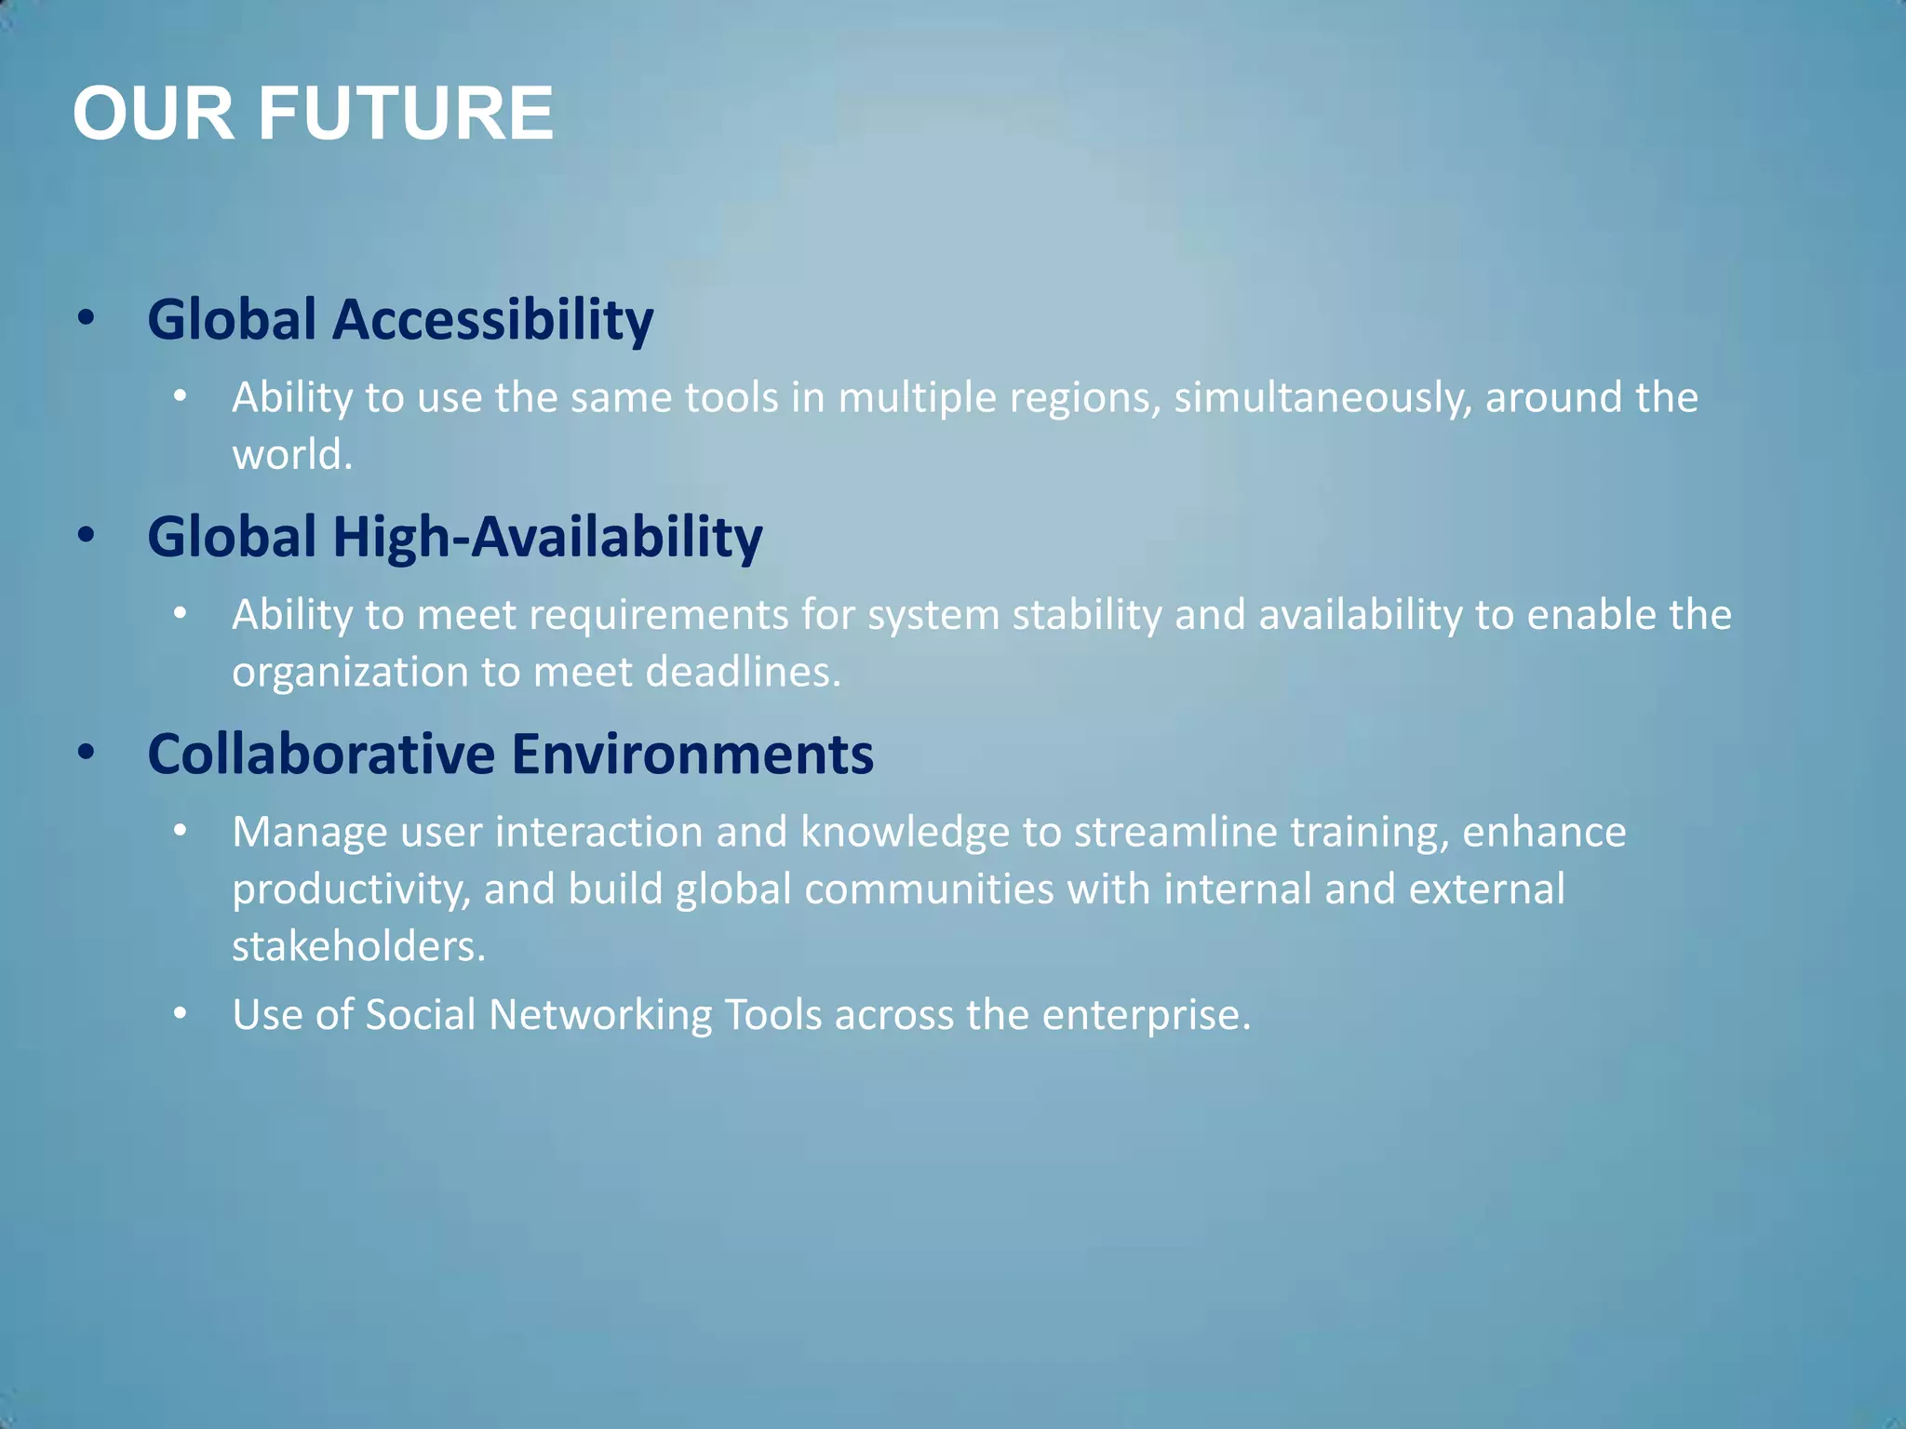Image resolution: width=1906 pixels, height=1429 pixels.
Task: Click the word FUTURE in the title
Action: tap(405, 114)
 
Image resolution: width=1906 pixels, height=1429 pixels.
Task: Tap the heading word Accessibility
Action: tap(493, 320)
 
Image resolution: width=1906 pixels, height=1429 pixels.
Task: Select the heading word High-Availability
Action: tap(548, 538)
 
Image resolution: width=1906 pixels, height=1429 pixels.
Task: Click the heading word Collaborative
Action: tap(321, 754)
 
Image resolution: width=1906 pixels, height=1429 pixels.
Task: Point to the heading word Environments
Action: tap(692, 754)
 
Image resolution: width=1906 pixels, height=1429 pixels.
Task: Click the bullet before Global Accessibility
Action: tap(87, 319)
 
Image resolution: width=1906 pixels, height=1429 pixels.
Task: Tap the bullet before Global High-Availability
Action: tap(87, 536)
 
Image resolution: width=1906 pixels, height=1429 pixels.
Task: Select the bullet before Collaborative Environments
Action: tap(87, 753)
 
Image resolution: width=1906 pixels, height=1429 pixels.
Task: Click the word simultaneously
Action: tap(1322, 398)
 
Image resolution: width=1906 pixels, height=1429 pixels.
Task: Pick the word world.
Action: tap(291, 455)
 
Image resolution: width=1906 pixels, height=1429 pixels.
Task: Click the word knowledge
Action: tap(905, 833)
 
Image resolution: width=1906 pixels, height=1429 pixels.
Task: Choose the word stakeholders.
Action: tap(358, 946)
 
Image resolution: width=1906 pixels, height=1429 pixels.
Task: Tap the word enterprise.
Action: tap(1146, 1015)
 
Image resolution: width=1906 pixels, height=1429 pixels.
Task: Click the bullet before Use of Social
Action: tap(181, 1014)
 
